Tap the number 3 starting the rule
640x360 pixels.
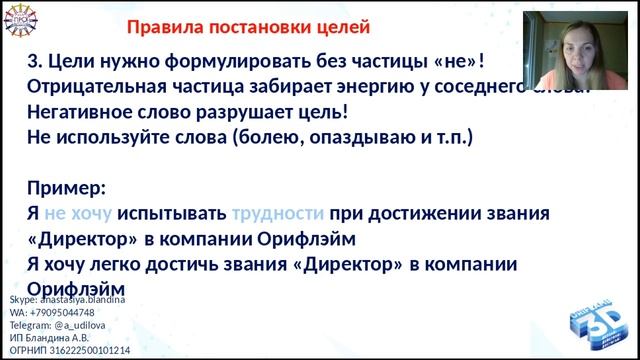pyautogui.click(x=32, y=61)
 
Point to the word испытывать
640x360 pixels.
pyautogui.click(x=172, y=213)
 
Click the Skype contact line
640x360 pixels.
pyautogui.click(x=68, y=298)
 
